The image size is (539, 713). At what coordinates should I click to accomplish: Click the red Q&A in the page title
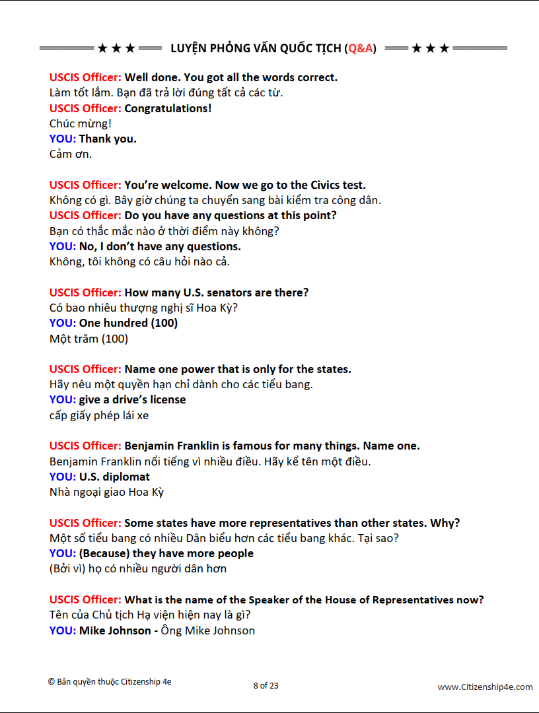click(x=361, y=48)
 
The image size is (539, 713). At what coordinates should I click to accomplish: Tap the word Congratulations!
click(x=168, y=108)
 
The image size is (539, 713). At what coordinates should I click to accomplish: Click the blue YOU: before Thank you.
click(x=62, y=139)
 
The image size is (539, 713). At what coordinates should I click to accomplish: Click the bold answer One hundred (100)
click(x=128, y=323)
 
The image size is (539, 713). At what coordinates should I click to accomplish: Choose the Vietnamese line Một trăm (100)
click(x=89, y=339)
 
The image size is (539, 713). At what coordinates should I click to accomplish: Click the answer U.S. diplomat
click(x=114, y=477)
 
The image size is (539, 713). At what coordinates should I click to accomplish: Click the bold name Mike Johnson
click(x=115, y=630)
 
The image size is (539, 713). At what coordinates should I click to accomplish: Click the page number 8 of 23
click(x=266, y=685)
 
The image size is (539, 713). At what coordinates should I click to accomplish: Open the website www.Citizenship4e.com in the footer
click(x=485, y=687)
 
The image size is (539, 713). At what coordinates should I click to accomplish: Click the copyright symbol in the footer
click(x=51, y=682)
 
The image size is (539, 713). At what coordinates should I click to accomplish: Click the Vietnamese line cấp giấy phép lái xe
click(x=99, y=415)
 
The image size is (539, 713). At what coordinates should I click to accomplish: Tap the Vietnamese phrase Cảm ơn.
click(x=71, y=154)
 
